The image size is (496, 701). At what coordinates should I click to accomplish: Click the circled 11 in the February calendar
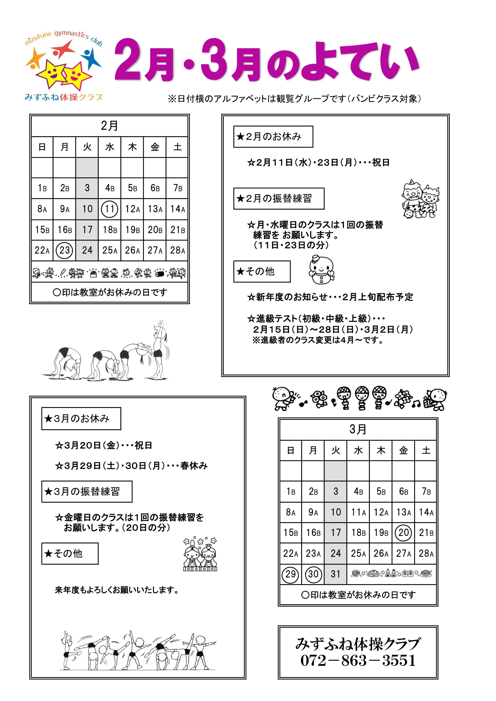(x=109, y=209)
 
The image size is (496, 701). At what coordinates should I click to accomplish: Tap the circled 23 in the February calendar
(x=64, y=250)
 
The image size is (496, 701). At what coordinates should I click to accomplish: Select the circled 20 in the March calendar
(x=403, y=533)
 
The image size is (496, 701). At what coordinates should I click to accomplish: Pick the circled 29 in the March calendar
(x=290, y=574)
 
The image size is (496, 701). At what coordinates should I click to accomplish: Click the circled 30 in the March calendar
(x=313, y=574)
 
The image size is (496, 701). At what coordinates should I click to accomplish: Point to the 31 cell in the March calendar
(x=335, y=574)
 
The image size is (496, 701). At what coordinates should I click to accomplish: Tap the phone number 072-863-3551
(x=358, y=661)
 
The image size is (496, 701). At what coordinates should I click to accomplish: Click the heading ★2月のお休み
(x=273, y=136)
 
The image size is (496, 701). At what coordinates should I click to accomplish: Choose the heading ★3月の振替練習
(x=87, y=492)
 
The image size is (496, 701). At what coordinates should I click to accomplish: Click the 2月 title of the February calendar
(x=109, y=126)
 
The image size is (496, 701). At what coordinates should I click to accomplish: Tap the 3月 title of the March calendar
(x=358, y=429)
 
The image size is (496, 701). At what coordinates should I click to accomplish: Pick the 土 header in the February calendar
(x=177, y=147)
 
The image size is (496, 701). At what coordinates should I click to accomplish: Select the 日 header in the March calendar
(x=291, y=450)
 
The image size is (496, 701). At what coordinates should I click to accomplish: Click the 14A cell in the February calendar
(x=177, y=209)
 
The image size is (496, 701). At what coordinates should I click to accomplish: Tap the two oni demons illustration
(x=420, y=200)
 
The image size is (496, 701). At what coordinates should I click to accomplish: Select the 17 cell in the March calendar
(x=335, y=533)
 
